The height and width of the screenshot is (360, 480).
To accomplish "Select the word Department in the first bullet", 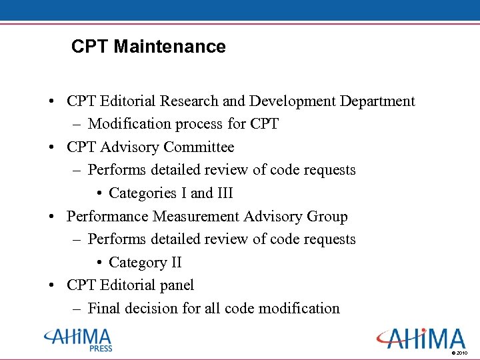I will pos(377,101).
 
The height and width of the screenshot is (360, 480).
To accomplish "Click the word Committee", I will pos(199,147).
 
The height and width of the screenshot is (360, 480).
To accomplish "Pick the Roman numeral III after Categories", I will pos(225,193).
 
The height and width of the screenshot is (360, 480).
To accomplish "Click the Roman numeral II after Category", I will pos(175,263).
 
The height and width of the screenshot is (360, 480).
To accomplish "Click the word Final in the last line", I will pos(103,309).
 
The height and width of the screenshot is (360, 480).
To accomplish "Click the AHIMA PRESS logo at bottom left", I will pos(78,339).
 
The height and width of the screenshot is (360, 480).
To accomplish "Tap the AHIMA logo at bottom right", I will pos(420,338).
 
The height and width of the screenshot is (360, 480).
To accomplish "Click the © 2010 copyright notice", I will pos(460,352).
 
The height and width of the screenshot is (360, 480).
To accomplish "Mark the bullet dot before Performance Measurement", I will pos(51,217).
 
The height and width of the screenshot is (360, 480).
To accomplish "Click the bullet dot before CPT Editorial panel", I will pos(51,285).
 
